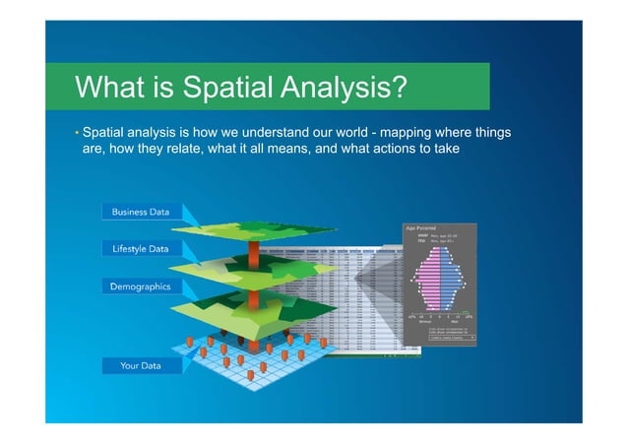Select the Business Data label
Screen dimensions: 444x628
click(141, 212)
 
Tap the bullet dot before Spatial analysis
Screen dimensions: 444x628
click(76, 132)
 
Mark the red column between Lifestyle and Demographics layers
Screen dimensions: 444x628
click(253, 287)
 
